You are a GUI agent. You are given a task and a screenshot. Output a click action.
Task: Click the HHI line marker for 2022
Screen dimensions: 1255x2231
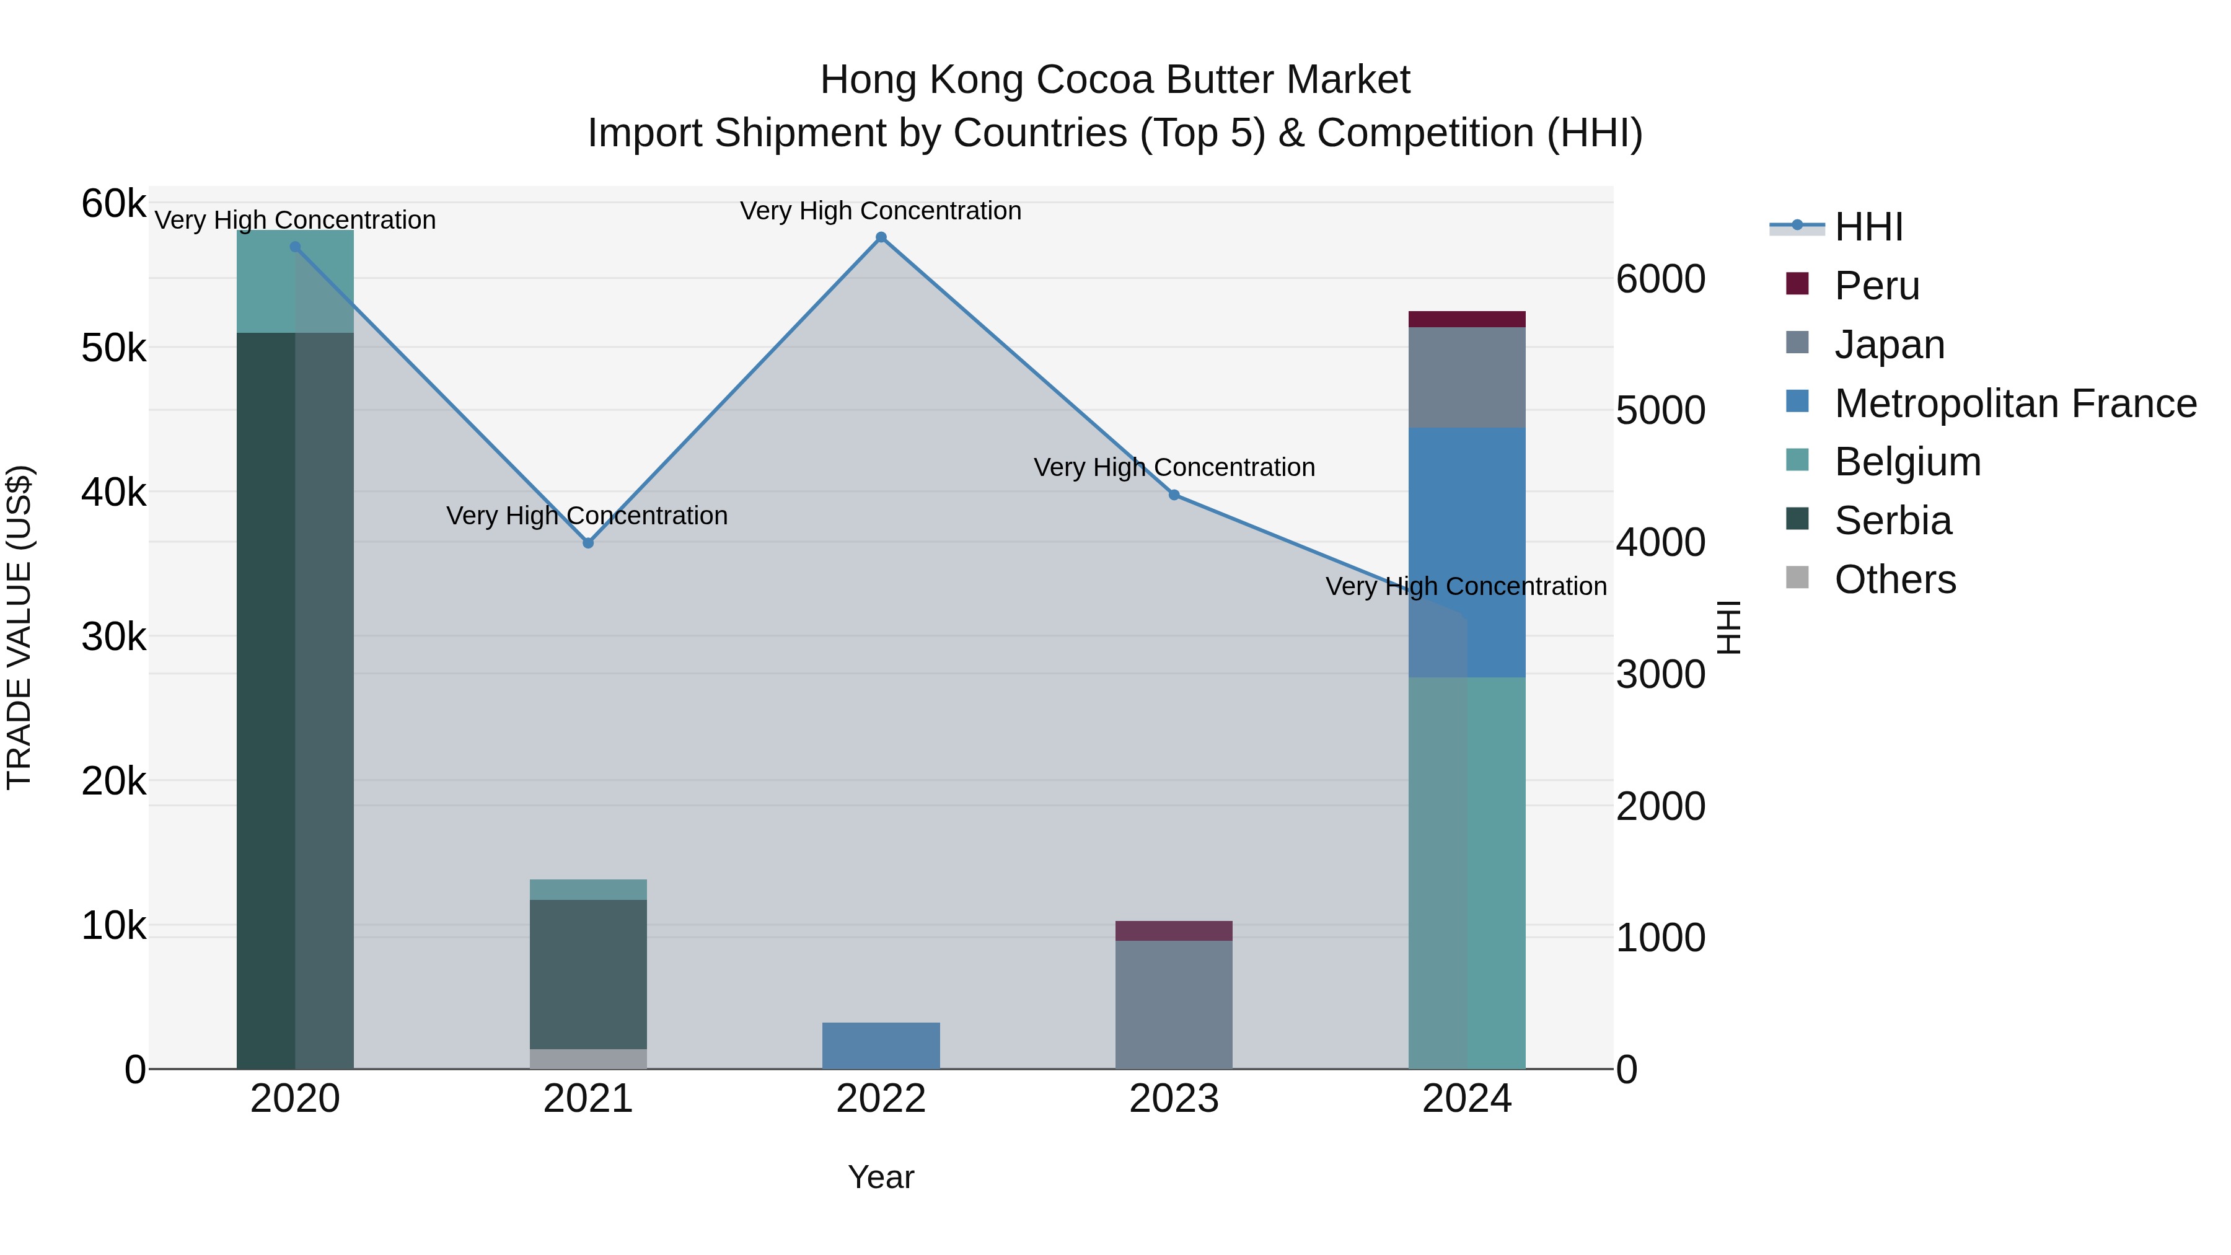tap(881, 237)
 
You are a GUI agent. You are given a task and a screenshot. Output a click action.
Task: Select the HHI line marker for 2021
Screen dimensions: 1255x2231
tap(588, 543)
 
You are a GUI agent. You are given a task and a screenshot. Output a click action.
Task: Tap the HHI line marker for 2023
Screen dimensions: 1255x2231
tap(1174, 495)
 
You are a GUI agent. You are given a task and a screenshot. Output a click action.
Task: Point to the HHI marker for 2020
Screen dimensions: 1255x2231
tap(296, 247)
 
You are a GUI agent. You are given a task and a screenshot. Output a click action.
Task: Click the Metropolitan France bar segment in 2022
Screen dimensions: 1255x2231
tap(881, 1046)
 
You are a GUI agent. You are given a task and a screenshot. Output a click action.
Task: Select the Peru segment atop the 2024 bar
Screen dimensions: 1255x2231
tap(1466, 319)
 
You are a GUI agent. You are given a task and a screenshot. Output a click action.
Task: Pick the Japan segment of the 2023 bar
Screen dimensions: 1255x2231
tap(1174, 1005)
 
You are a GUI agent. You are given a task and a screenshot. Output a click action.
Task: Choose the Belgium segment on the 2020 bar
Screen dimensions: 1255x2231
tap(296, 281)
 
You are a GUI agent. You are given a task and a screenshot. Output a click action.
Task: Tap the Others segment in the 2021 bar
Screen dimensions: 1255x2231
tap(588, 1059)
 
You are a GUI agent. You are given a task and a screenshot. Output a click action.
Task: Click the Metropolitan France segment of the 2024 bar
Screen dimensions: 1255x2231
tap(1466, 552)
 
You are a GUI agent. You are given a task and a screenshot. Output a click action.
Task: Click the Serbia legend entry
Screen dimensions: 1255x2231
tap(1893, 521)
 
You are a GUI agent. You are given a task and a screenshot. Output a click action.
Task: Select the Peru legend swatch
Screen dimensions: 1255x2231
tap(1797, 284)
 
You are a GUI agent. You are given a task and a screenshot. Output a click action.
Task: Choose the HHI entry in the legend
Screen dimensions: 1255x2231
tap(1868, 227)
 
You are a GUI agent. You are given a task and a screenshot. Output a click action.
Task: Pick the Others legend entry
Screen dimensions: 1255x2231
tap(1894, 579)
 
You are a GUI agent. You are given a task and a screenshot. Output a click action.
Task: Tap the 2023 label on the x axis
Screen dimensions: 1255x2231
tap(1174, 1099)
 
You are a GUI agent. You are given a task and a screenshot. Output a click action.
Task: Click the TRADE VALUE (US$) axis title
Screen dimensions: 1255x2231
tap(19, 627)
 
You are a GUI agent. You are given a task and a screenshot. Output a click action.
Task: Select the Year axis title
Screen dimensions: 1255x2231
tap(881, 1177)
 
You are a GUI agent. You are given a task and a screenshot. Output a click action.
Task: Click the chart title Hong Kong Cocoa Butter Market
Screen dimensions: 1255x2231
tap(1115, 80)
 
